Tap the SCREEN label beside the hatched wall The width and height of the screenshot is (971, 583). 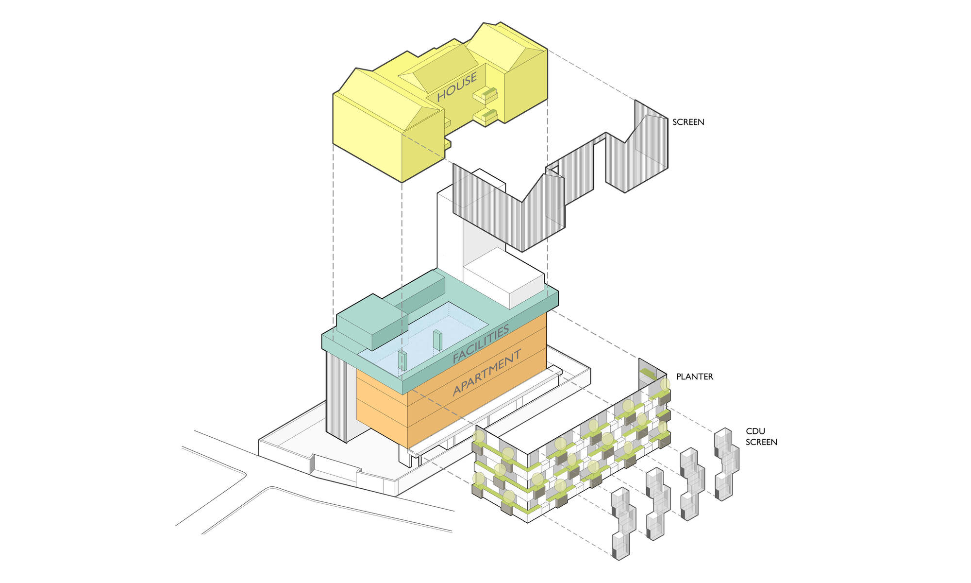[688, 122]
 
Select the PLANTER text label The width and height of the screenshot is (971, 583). [695, 377]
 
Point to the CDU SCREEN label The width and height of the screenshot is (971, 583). [761, 436]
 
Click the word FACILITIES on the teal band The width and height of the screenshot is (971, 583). [481, 343]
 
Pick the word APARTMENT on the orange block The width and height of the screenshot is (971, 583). [487, 372]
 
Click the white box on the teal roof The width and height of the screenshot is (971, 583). [503, 278]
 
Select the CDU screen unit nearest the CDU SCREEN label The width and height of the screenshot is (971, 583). [726, 464]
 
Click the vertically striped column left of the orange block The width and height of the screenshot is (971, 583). [336, 396]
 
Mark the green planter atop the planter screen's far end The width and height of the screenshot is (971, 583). [647, 374]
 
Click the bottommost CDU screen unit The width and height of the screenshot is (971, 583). [624, 524]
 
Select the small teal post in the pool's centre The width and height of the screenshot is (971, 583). [437, 340]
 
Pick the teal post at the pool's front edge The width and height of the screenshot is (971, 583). [402, 360]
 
